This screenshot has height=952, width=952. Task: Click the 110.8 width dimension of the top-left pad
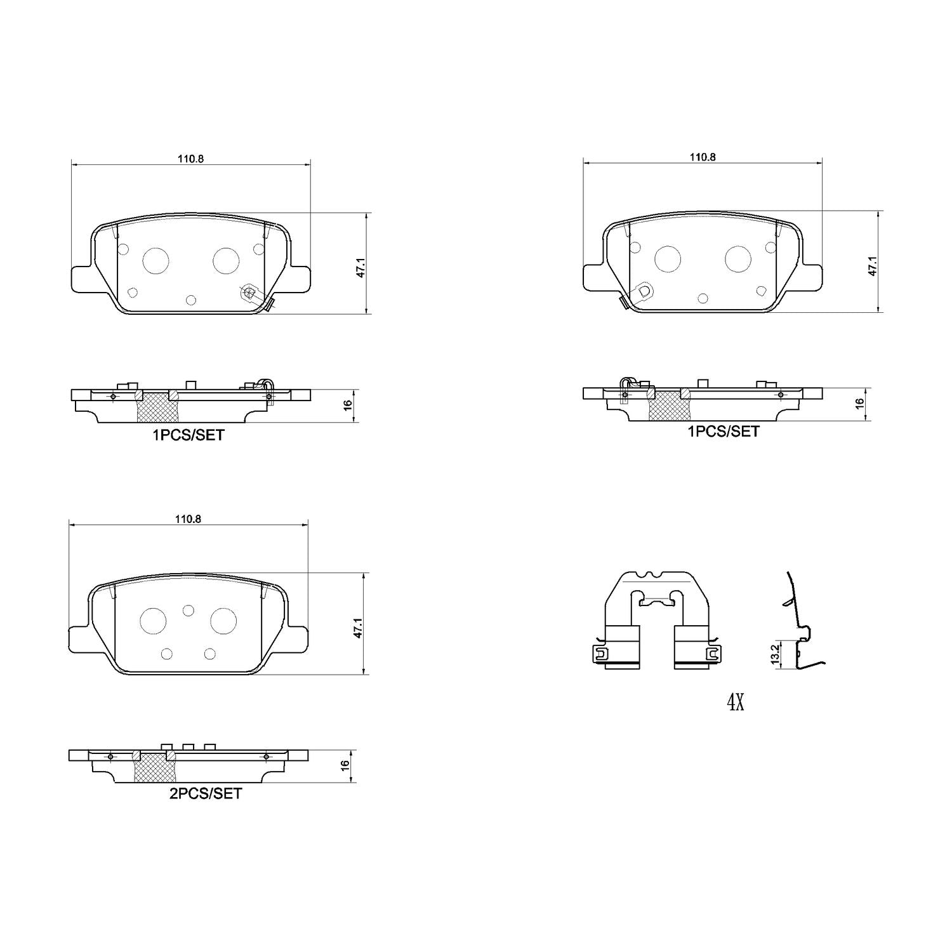coord(190,159)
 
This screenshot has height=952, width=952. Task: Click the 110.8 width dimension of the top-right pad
coord(703,157)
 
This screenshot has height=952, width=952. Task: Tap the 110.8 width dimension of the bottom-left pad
coord(188,519)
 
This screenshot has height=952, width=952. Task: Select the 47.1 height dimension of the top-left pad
coord(360,264)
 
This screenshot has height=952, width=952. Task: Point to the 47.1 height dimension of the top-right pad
coord(873,266)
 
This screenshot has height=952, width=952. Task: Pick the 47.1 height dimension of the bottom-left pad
coord(358,624)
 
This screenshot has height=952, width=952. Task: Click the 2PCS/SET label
coord(205,793)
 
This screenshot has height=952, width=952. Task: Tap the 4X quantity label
coord(735,703)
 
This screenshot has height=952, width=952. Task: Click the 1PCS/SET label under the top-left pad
coord(188,435)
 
